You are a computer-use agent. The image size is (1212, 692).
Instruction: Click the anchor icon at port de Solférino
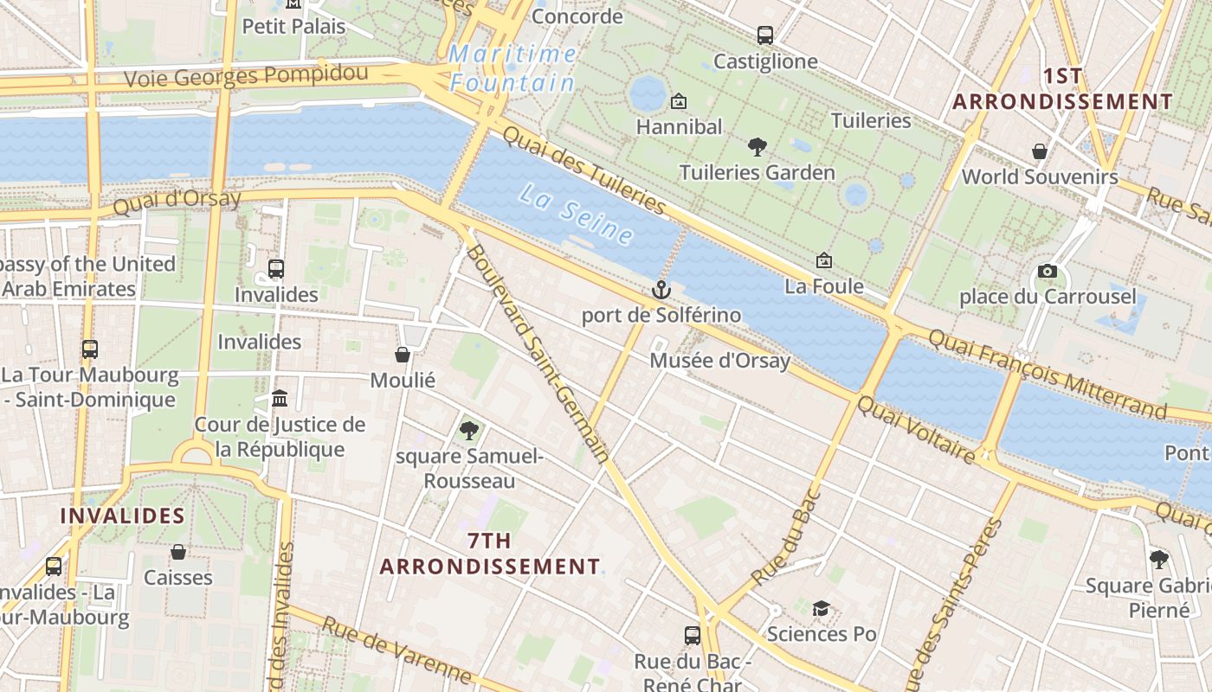(x=661, y=289)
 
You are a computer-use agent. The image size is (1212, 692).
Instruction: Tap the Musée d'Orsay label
(x=720, y=361)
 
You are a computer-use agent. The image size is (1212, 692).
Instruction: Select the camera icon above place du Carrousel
(x=1047, y=272)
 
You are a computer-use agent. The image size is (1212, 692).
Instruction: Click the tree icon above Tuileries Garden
(x=757, y=147)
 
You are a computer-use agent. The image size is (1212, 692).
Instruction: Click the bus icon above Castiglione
(x=764, y=35)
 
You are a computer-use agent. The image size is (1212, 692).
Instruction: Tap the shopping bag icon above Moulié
(x=403, y=355)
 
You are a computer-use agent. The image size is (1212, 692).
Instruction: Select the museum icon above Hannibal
(x=679, y=101)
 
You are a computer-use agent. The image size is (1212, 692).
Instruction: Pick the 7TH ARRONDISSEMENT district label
(x=490, y=554)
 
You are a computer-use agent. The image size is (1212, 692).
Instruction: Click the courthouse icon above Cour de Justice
(x=280, y=399)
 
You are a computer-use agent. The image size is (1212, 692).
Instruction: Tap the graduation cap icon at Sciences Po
(x=821, y=609)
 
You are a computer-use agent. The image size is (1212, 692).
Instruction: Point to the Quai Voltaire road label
(x=916, y=429)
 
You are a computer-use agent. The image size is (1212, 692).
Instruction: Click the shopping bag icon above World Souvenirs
(x=1040, y=151)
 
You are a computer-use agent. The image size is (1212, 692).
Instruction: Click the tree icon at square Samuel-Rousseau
(x=469, y=430)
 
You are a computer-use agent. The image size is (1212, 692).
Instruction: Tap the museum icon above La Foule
(x=824, y=260)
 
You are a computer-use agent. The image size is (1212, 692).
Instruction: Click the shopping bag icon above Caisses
(x=178, y=552)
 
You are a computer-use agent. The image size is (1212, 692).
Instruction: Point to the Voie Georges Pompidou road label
(x=247, y=76)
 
